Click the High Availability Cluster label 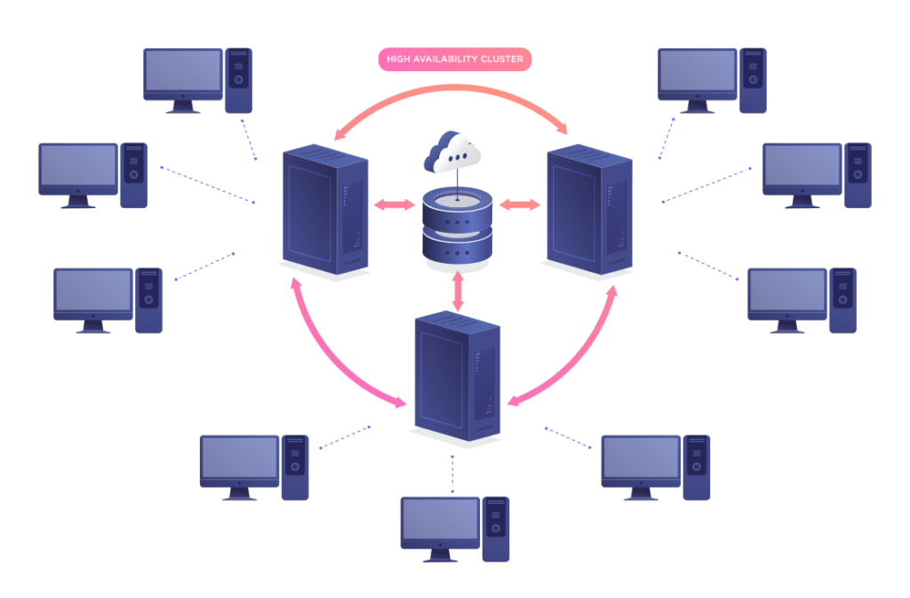(454, 60)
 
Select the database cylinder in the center (457, 226)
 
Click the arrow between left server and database (394, 204)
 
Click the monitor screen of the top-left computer (183, 71)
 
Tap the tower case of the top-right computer (753, 80)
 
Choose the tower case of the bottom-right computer (697, 467)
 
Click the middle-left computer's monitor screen (78, 167)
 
